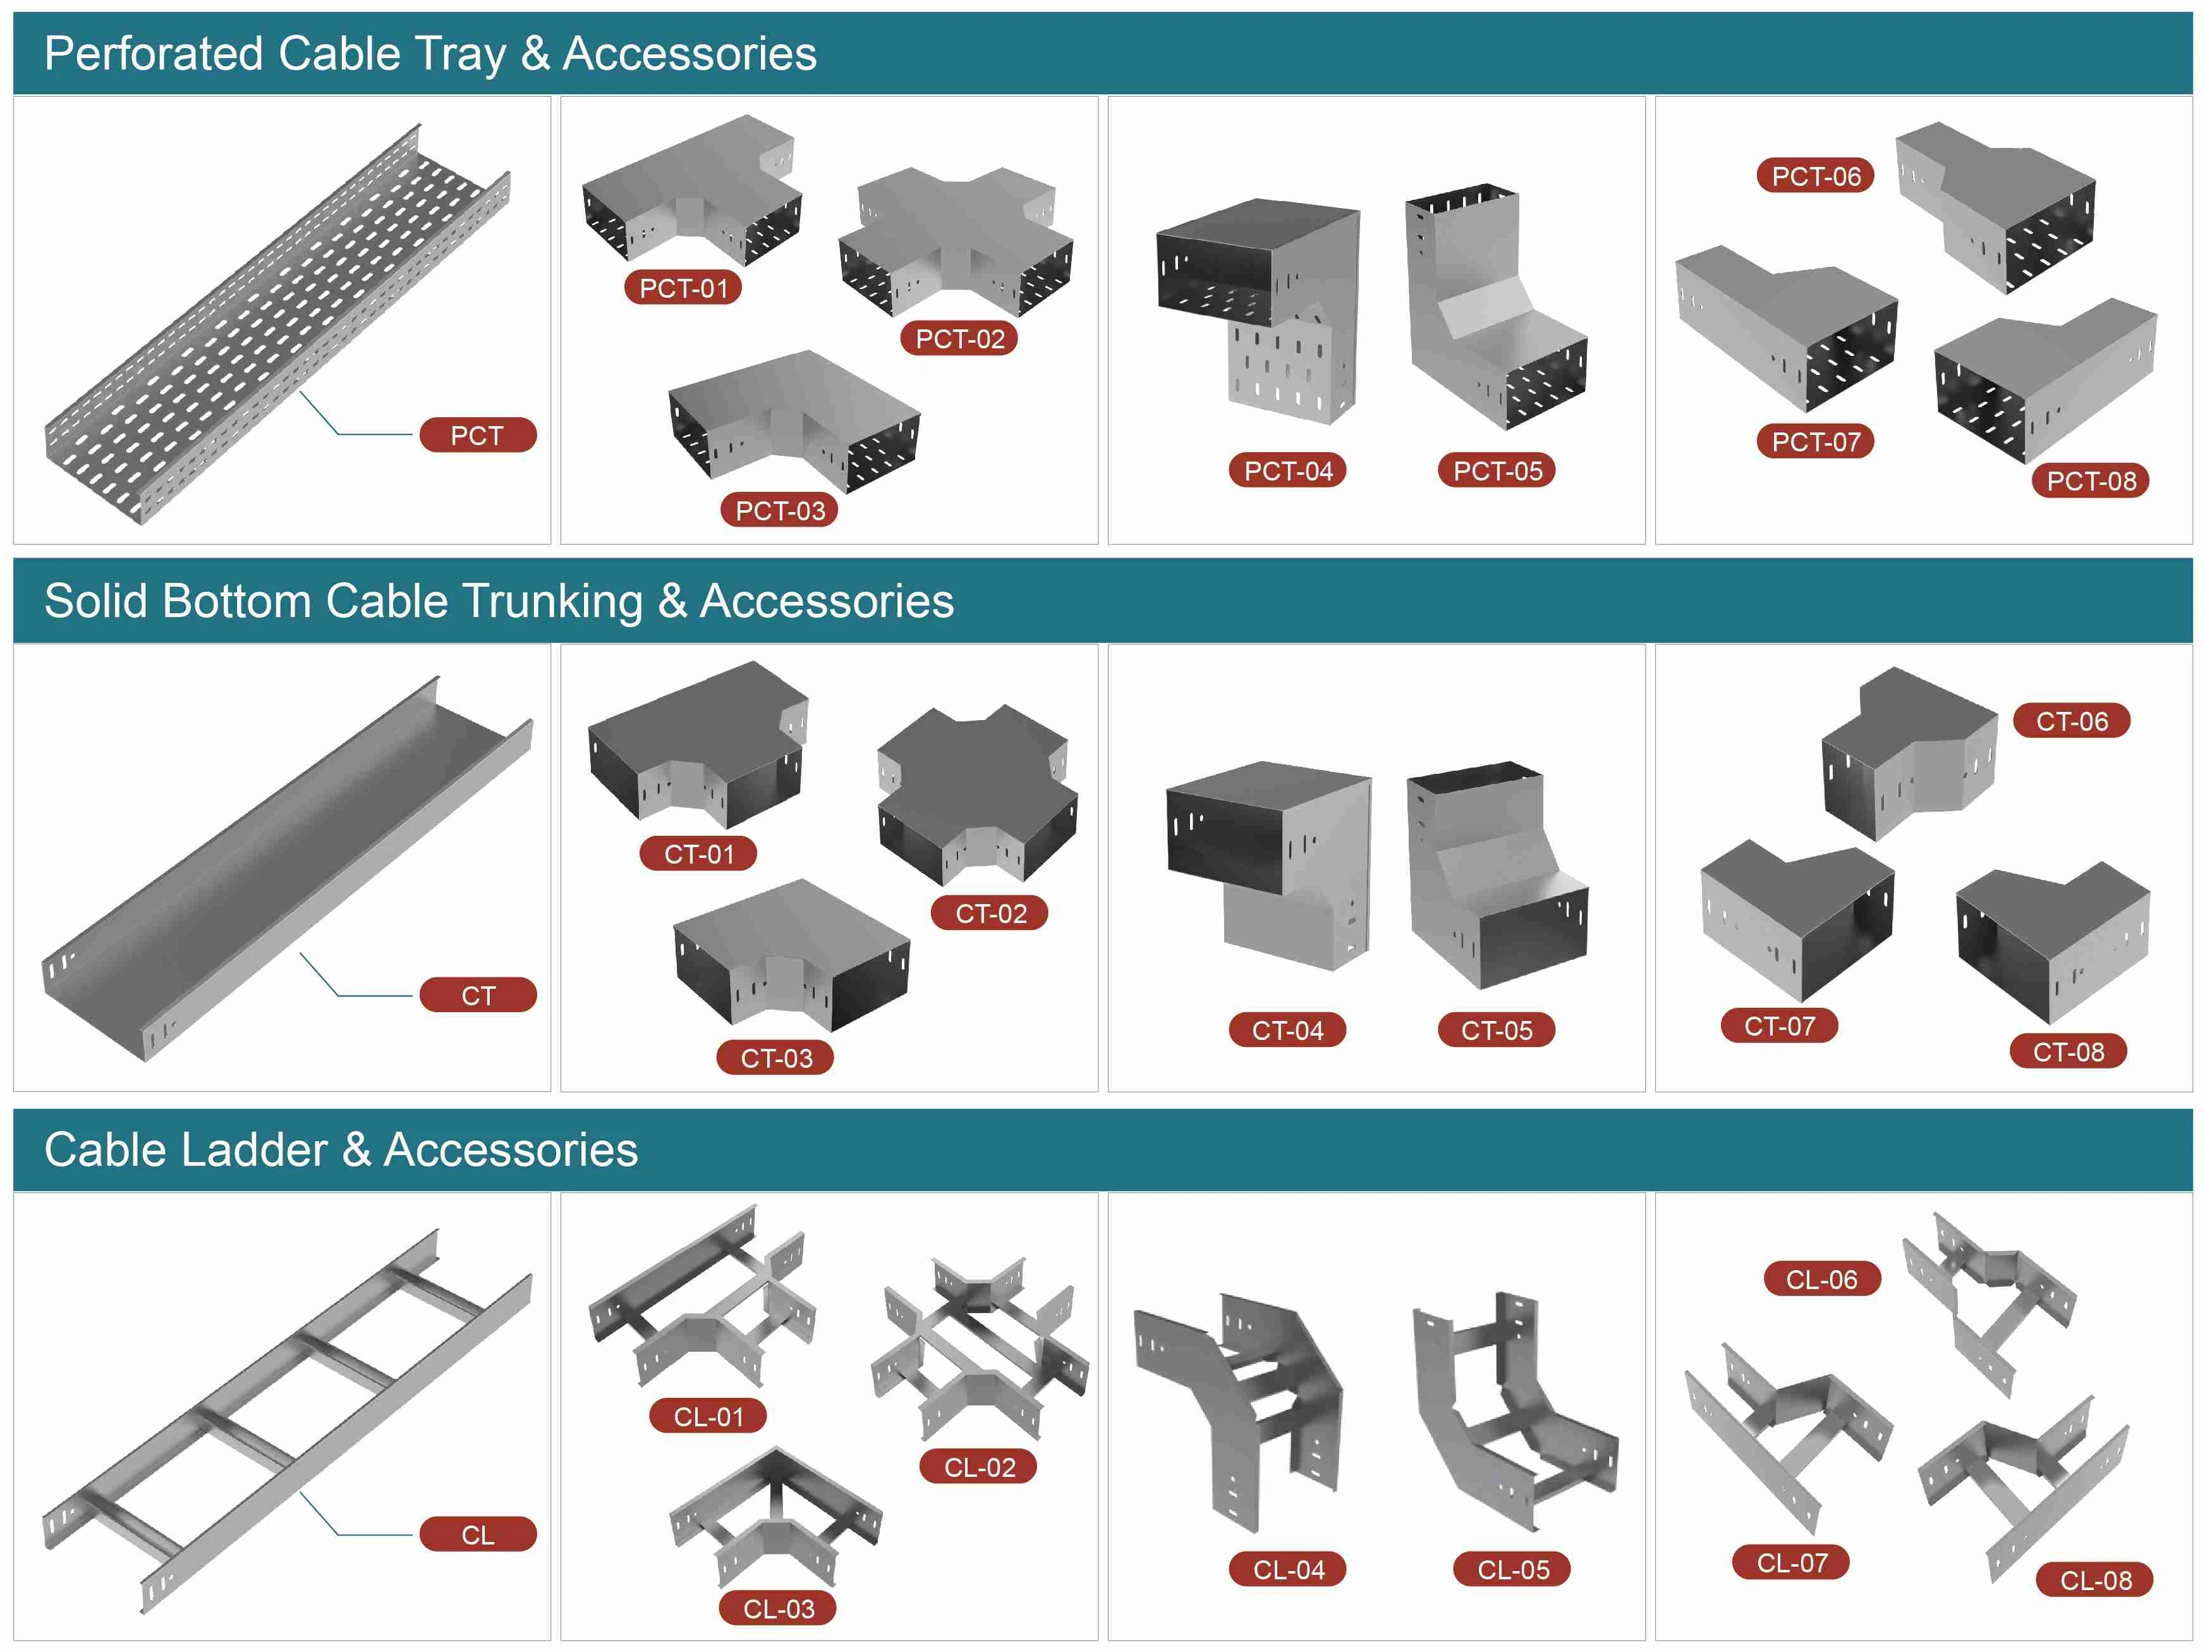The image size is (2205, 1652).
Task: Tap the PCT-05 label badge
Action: click(x=1497, y=470)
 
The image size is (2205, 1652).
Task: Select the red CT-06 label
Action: click(x=2072, y=721)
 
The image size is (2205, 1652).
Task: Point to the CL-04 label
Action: click(x=1288, y=1569)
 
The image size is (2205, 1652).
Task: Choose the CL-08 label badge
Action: click(x=2095, y=1580)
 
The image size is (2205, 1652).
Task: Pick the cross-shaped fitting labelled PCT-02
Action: click(x=955, y=242)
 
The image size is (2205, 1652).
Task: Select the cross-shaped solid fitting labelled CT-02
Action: click(x=977, y=795)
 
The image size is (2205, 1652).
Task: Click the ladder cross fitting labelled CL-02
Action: click(x=979, y=1348)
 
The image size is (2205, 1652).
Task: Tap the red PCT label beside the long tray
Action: click(x=478, y=436)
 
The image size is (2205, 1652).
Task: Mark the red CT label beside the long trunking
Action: click(x=478, y=995)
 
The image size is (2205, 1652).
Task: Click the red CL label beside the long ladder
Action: click(x=478, y=1534)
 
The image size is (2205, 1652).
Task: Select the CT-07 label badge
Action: click(x=1779, y=1025)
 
